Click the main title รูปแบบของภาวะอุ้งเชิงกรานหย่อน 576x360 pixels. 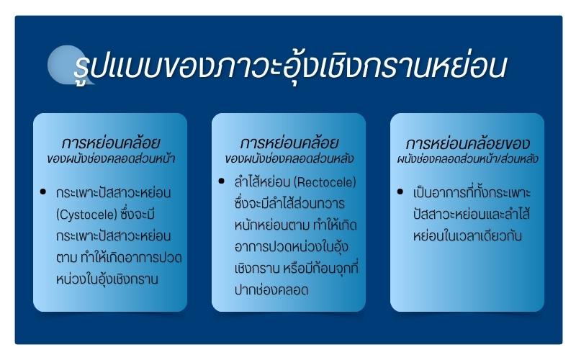(290, 67)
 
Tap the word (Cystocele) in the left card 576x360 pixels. (86, 215)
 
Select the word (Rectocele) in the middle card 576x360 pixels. (325, 182)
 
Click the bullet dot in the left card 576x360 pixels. (43, 192)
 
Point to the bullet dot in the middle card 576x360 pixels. (221, 181)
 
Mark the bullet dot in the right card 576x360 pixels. (400, 192)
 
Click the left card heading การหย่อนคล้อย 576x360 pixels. (111, 143)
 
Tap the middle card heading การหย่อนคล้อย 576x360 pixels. (289, 143)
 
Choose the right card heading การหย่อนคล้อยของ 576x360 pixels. (467, 143)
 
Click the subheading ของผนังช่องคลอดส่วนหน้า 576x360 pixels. (111, 158)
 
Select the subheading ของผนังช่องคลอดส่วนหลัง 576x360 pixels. (289, 158)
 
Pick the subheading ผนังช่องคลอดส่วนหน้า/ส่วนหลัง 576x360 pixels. (467, 158)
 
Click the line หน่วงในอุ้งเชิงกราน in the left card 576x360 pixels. (107, 279)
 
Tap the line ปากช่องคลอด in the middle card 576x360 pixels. (271, 290)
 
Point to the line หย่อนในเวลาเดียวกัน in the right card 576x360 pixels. (467, 236)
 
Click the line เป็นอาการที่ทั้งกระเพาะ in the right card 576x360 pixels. (472, 192)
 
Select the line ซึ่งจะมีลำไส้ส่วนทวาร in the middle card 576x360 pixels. (289, 203)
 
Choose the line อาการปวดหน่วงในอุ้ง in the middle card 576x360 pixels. (291, 247)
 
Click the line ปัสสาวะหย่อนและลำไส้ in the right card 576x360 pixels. (472, 214)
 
